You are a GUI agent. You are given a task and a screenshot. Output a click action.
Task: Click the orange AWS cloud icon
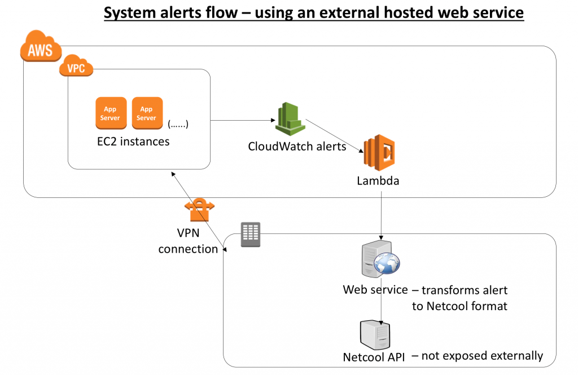tap(41, 46)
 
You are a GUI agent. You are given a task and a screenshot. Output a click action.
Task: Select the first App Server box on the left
tap(111, 113)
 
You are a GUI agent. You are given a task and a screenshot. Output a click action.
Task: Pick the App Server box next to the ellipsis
tap(147, 113)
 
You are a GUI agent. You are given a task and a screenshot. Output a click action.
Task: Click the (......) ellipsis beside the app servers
tap(178, 124)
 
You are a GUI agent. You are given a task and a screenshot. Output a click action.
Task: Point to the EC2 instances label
tap(133, 142)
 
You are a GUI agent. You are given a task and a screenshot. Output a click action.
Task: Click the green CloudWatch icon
tap(291, 119)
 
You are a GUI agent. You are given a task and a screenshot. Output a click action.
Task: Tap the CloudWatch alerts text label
tap(297, 147)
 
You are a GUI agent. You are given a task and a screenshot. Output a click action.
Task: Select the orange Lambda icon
tap(379, 152)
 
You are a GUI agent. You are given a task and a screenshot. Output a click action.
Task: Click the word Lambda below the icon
tap(378, 181)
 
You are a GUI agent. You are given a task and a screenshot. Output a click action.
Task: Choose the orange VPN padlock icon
tap(199, 210)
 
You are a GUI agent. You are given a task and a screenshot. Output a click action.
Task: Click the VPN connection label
tap(189, 241)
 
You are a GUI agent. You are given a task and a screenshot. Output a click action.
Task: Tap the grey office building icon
tap(251, 234)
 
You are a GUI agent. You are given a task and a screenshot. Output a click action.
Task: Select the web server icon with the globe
tap(380, 259)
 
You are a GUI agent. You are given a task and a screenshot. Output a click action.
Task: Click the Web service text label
tap(375, 290)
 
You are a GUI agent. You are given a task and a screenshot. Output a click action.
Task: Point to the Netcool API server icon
tap(375, 335)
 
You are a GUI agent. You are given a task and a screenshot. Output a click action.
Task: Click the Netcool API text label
tap(374, 358)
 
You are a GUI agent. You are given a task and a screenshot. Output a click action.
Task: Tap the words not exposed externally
tap(482, 356)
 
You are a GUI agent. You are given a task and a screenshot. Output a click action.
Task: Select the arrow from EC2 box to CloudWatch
tap(243, 120)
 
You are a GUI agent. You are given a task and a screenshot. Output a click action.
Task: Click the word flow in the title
tap(221, 13)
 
